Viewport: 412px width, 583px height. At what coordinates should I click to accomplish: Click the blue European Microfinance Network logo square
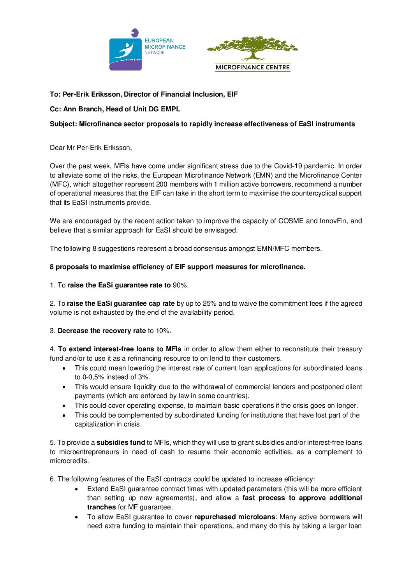[125, 54]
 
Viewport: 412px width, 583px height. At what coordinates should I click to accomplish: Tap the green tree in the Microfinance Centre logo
[253, 48]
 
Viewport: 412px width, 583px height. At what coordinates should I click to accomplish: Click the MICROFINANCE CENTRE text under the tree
[253, 67]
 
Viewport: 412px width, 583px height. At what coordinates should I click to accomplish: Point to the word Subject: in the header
[63, 124]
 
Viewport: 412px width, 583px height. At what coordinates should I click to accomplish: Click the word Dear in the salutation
[57, 148]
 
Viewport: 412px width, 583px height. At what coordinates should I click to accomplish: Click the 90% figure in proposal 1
[180, 285]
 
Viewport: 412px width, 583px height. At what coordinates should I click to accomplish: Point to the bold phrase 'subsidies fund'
[121, 442]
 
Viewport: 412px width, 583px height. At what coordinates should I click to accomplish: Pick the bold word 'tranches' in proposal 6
[101, 507]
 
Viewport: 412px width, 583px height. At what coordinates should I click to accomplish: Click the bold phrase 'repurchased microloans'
[235, 517]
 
